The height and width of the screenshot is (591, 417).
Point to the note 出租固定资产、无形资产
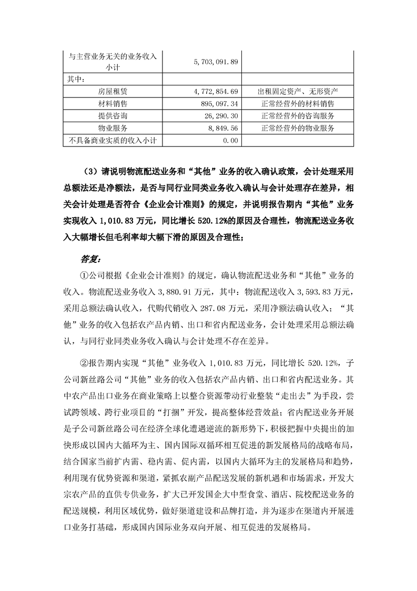(298, 91)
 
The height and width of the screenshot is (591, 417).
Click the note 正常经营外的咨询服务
(298, 115)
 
